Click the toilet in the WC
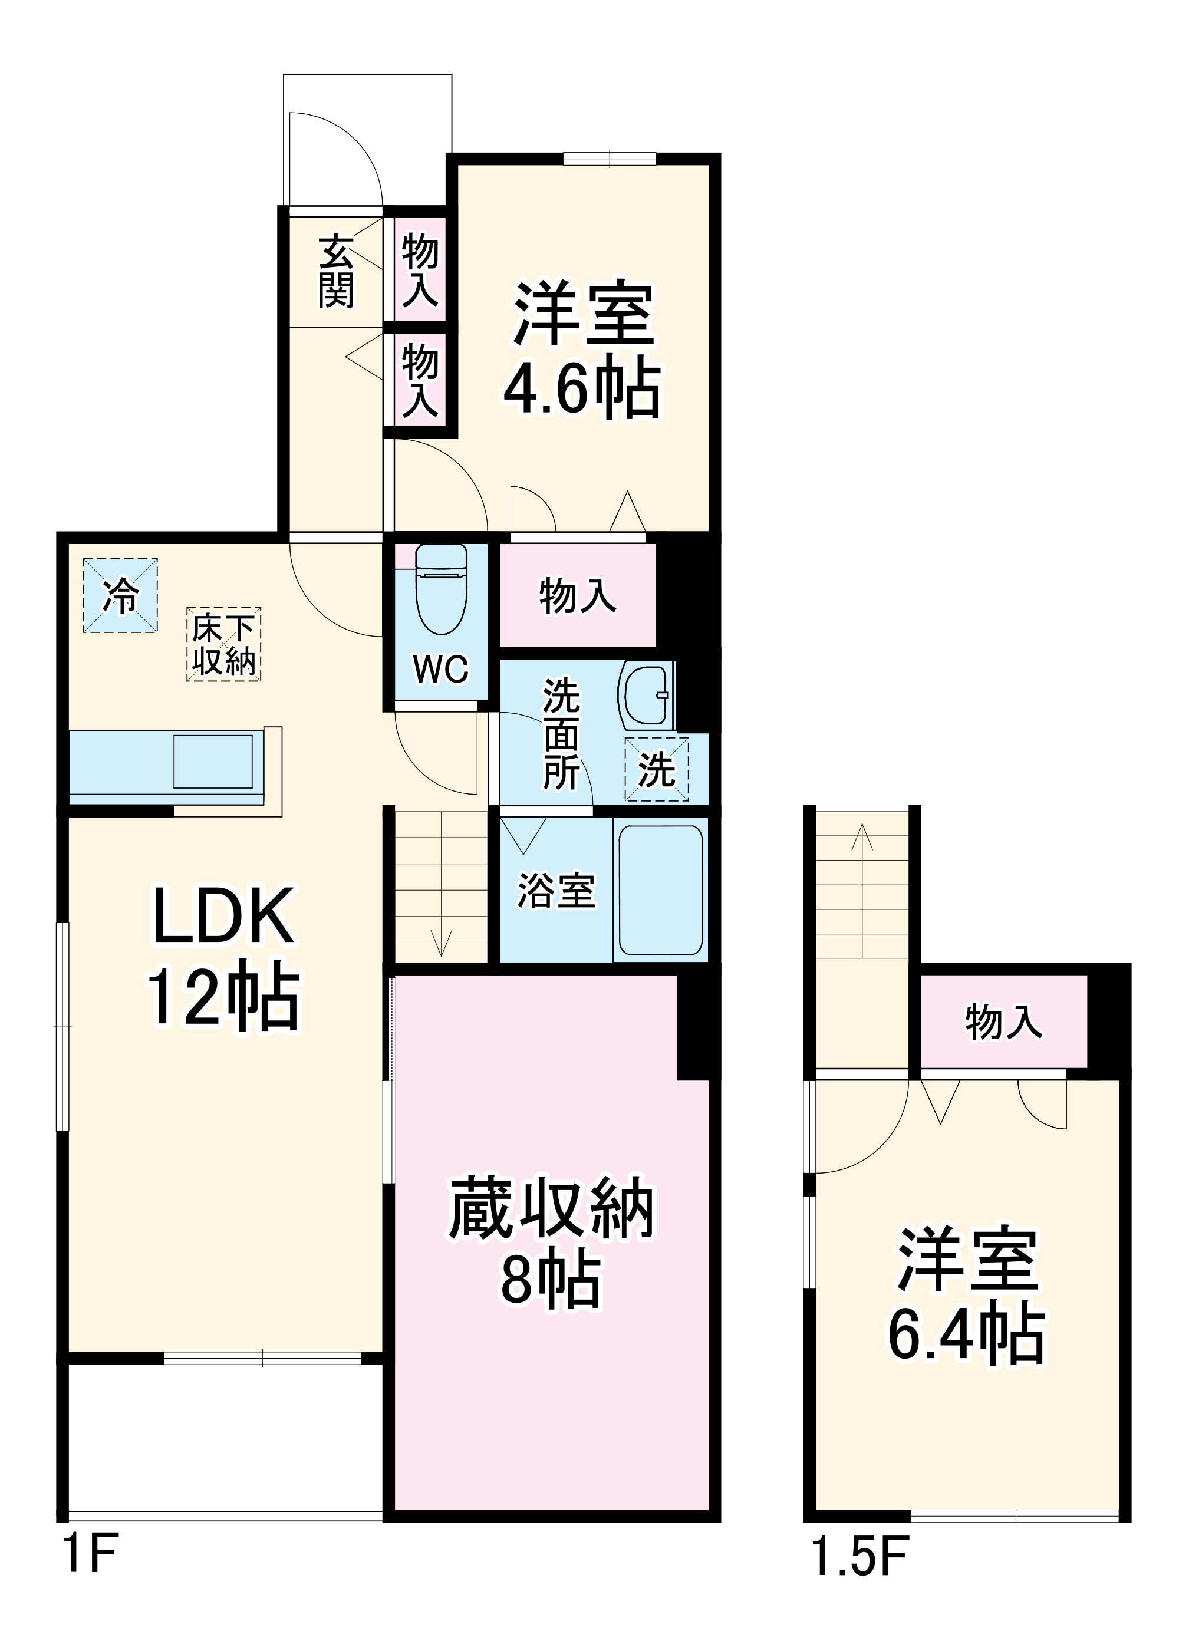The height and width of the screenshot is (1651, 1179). pos(441,591)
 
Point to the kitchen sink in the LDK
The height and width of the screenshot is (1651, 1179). pos(213,762)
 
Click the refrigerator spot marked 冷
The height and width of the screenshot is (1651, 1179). pos(120,595)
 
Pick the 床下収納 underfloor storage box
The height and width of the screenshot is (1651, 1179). pos(223,644)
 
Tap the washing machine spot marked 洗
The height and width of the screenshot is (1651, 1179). pos(656,769)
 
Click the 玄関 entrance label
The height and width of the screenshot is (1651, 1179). pos(336,271)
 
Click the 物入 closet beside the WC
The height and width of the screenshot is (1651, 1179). pos(577,596)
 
